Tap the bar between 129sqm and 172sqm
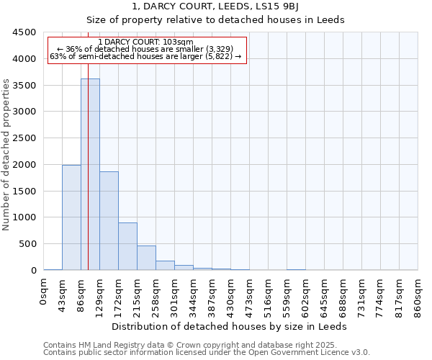[109, 220]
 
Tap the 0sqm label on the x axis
[44, 293]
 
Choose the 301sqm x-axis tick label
[175, 295]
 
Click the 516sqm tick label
[269, 295]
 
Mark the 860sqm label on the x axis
[418, 295]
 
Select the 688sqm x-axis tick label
[343, 295]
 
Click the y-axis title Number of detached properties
[7, 155]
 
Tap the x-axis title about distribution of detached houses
[230, 327]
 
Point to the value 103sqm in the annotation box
[179, 42]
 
